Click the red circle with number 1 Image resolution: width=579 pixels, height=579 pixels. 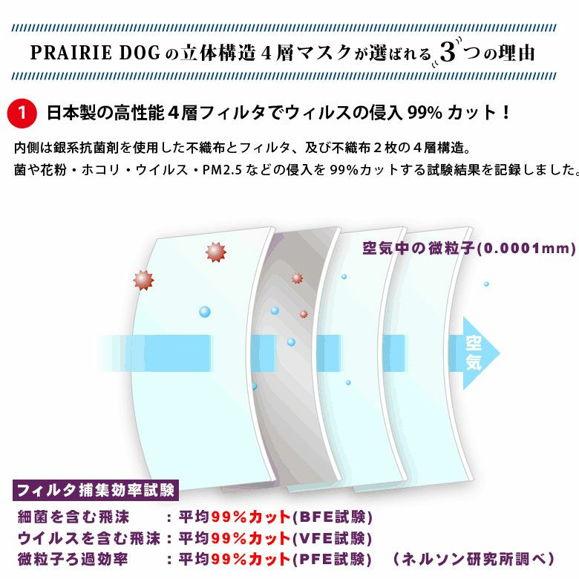22,113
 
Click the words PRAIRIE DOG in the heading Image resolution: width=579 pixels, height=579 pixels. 95,53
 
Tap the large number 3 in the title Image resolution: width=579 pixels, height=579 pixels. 448,52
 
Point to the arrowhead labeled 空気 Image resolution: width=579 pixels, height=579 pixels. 480,353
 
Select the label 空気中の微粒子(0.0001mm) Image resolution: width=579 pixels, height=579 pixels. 469,249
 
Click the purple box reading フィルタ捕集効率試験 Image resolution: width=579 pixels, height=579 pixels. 96,491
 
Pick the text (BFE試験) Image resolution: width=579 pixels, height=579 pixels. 333,517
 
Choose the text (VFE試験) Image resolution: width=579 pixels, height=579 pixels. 333,538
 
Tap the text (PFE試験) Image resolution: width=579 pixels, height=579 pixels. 333,560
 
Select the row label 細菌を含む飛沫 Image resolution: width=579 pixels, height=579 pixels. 73,517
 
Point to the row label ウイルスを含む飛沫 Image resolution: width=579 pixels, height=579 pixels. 89,538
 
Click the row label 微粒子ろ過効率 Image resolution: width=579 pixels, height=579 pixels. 73,560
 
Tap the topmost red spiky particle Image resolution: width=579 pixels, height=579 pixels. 216,252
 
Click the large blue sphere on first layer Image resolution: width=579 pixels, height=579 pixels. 205,312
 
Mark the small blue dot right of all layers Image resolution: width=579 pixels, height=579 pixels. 486,284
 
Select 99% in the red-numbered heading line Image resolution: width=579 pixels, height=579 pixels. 425,113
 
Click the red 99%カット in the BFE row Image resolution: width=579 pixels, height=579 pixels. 251,517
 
